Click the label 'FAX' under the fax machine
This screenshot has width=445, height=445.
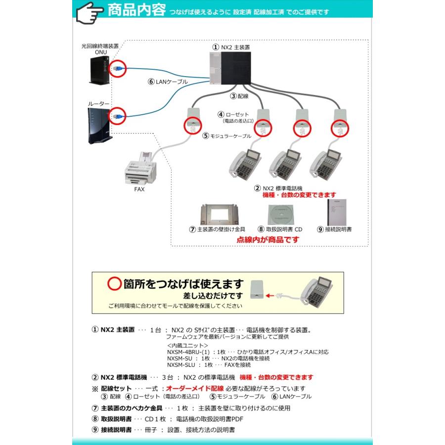tap(139, 190)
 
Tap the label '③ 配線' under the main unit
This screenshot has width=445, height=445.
tap(239, 96)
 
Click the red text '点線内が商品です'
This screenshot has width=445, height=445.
tap(268, 239)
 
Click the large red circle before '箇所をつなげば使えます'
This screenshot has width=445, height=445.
tap(114, 284)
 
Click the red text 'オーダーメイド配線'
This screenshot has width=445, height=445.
tap(195, 389)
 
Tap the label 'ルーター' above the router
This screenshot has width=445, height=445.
tap(98, 103)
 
